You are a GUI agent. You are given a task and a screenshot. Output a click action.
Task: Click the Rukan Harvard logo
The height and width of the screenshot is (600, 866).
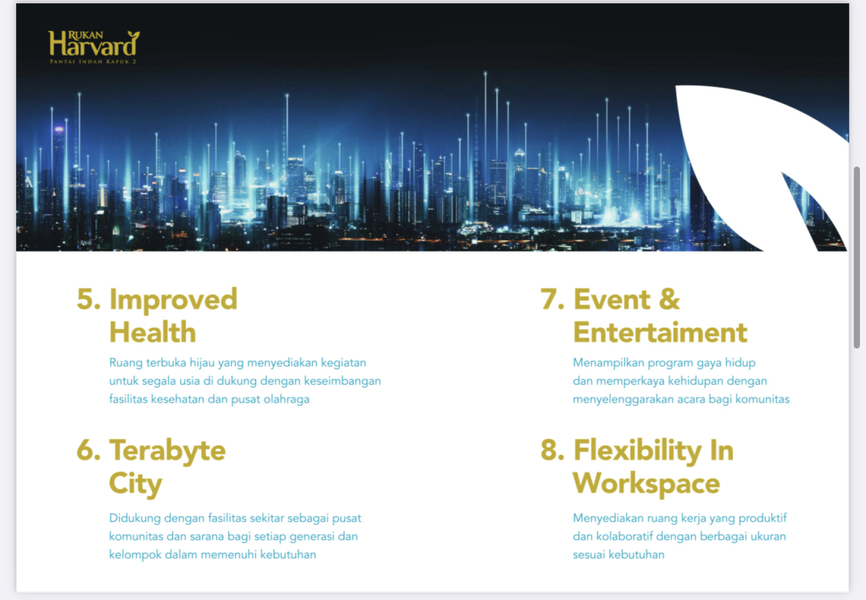coord(93,47)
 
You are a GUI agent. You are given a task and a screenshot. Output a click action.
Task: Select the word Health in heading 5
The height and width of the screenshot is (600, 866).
coord(153,332)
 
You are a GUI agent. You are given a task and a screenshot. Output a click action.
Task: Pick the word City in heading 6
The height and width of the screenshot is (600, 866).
coord(136,484)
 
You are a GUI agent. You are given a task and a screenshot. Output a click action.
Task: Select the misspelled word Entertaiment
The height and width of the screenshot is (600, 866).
coord(660,332)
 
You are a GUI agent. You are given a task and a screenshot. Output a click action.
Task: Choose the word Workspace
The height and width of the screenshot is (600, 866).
coord(646,484)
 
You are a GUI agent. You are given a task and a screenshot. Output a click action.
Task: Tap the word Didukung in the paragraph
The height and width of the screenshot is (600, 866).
coord(135,518)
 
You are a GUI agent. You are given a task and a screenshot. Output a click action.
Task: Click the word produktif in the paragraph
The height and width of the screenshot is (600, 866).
coord(763,518)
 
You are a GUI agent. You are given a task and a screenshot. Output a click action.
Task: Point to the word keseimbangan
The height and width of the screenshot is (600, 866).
coord(342,381)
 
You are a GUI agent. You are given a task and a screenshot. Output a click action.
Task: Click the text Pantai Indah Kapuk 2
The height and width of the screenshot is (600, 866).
coord(93,62)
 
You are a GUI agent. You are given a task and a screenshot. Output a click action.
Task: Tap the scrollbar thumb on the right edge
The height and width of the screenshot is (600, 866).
coord(857,258)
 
